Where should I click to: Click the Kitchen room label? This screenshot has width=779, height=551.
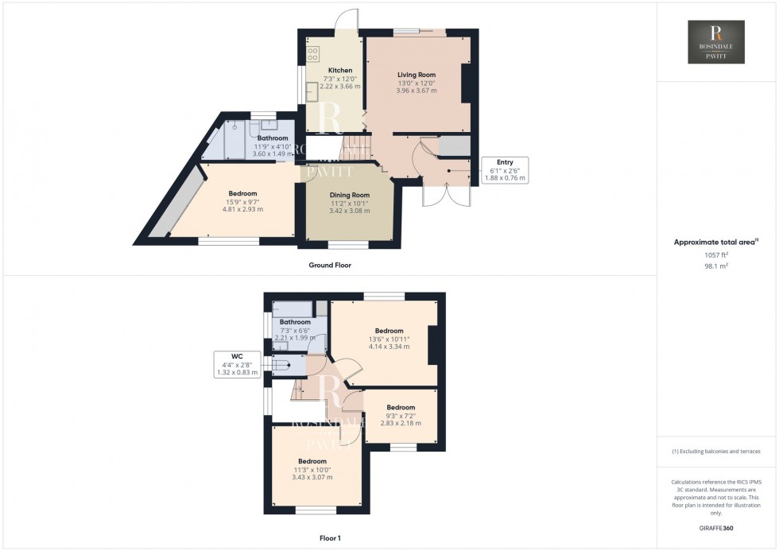pyautogui.click(x=340, y=70)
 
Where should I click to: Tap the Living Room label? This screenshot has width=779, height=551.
pyautogui.click(x=417, y=75)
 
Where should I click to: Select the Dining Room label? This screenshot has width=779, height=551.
pyautogui.click(x=350, y=195)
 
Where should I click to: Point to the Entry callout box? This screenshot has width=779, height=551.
pyautogui.click(x=504, y=170)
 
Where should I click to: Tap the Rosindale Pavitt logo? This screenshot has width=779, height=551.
pyautogui.click(x=716, y=42)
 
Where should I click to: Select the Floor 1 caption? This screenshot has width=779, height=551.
pyautogui.click(x=328, y=538)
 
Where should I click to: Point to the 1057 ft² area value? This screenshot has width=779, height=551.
pyautogui.click(x=716, y=255)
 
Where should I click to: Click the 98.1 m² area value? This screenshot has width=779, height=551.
pyautogui.click(x=716, y=266)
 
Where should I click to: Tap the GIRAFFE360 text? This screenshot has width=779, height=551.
pyautogui.click(x=716, y=527)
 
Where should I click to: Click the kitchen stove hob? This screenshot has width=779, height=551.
pyautogui.click(x=312, y=54)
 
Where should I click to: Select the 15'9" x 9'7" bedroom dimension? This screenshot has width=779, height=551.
pyautogui.click(x=242, y=202)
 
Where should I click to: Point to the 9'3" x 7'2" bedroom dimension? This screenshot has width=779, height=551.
pyautogui.click(x=401, y=416)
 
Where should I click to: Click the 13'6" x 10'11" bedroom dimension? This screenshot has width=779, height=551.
pyautogui.click(x=389, y=339)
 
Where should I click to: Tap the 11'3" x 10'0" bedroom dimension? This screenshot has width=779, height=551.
pyautogui.click(x=312, y=469)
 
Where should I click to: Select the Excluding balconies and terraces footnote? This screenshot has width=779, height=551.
pyautogui.click(x=716, y=451)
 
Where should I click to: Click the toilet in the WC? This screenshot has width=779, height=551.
pyautogui.click(x=281, y=365)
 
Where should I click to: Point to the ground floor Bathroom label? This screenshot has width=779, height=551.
pyautogui.click(x=273, y=138)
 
